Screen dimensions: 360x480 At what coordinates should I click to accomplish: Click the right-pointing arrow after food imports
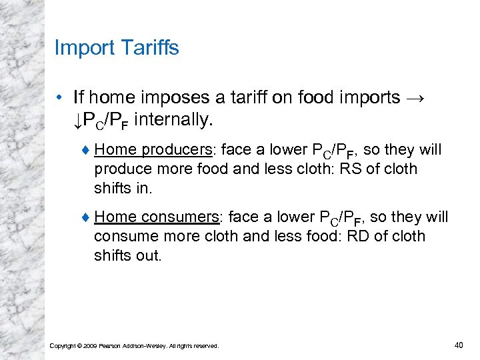point(413,98)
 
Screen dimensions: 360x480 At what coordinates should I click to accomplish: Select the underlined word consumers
point(180,217)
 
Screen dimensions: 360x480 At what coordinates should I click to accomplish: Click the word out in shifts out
point(148,255)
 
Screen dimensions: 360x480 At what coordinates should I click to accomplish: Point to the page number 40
point(458,344)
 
